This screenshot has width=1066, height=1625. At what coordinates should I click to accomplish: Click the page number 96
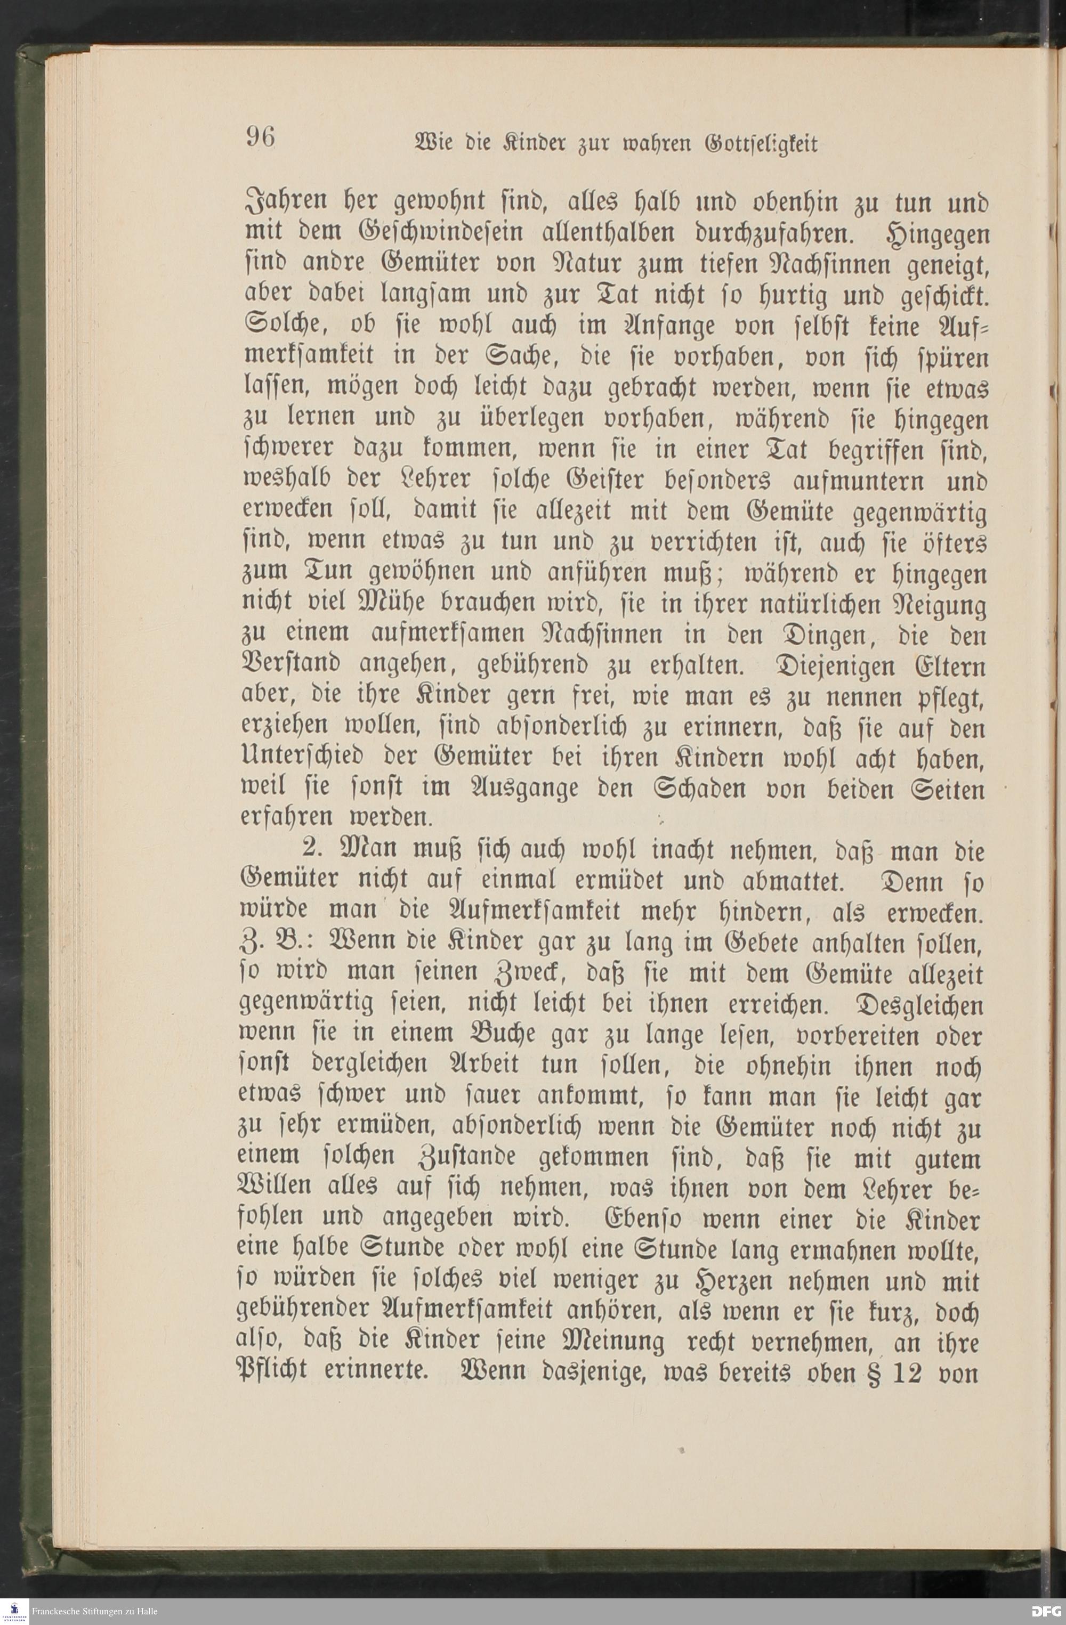(260, 137)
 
